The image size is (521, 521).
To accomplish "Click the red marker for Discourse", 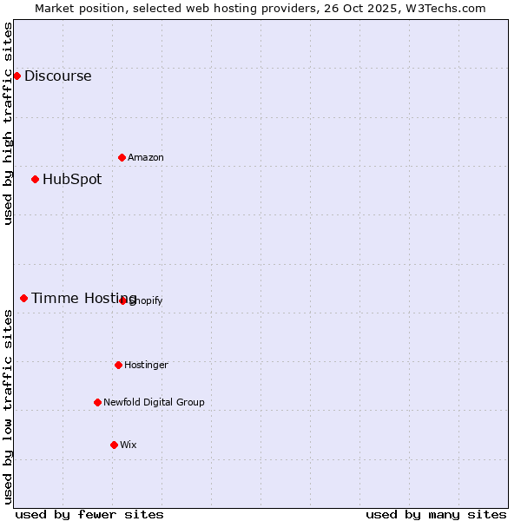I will point(16,76).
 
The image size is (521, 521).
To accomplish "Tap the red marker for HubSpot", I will point(35,179).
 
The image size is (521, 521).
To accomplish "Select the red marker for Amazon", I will point(122,157).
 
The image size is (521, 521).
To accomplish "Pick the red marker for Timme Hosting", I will point(23,298).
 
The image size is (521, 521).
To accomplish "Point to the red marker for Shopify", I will point(123,300).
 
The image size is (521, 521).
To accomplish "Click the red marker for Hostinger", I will point(118,365).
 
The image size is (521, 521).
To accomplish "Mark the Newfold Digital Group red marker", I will point(97,402).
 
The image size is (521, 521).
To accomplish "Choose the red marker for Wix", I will point(114,445).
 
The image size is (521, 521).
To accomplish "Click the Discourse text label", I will point(57,76).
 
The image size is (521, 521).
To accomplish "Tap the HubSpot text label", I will point(72,179).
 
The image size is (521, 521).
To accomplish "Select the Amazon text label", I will point(146,157).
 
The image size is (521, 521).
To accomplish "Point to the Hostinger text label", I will point(146,365).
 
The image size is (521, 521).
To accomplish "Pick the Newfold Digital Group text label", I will point(154,402).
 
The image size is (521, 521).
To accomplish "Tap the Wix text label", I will point(128,445).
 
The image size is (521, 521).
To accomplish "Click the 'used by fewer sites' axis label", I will point(89,514).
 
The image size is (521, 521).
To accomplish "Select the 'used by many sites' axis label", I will point(436,514).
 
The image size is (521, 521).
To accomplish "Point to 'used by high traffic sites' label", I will point(8,124).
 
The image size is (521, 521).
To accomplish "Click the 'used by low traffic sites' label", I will point(8,406).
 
